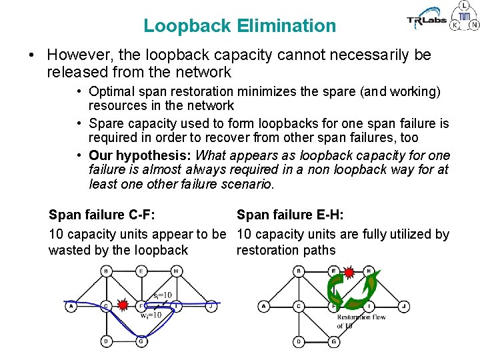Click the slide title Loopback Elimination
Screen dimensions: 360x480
pos(239,26)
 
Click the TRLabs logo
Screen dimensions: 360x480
pos(427,21)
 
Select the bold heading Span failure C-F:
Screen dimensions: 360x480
pos(102,215)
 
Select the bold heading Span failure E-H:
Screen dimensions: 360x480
pos(290,215)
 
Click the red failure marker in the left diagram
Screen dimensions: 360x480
pos(123,305)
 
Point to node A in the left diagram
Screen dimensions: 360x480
pos(71,306)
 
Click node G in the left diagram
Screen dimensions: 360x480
pos(141,341)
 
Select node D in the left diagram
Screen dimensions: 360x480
pos(106,341)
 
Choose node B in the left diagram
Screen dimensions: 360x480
pos(106,271)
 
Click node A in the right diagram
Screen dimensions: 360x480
pos(264,306)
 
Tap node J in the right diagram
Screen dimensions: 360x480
pos(403,306)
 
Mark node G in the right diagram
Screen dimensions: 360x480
pos(333,341)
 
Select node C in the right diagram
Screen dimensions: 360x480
pos(299,306)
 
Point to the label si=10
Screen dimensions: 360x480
pos(162,295)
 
